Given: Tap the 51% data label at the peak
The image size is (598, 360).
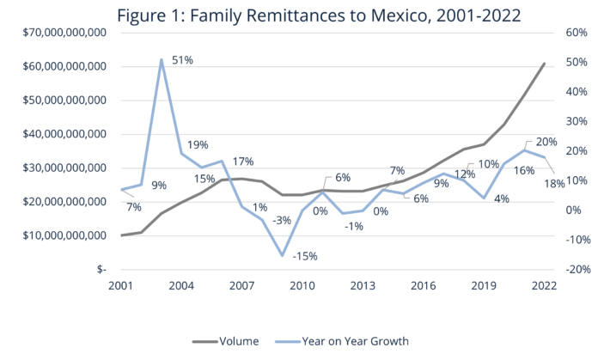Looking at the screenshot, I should pos(182,60).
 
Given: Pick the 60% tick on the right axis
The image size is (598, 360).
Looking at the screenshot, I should pos(570,33).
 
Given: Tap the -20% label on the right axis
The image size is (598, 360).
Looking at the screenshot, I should pos(570,269).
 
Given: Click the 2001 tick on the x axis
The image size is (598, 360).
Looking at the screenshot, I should pos(120,285).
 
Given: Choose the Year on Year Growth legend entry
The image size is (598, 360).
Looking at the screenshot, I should pos(355,341).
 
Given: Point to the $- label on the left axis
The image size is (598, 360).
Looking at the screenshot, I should pos(100,269).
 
